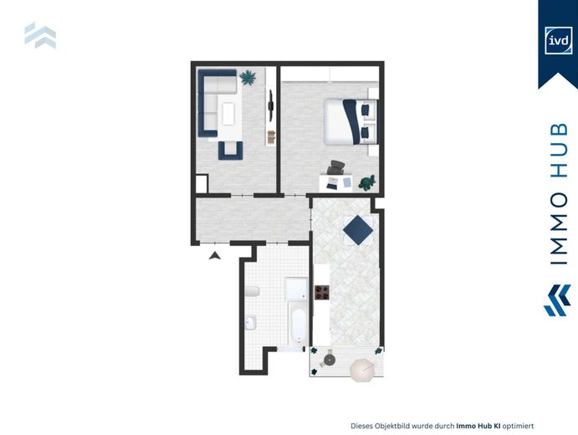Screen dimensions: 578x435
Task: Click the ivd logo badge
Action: pyautogui.click(x=559, y=40)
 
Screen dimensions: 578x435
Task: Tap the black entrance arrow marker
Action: pyautogui.click(x=214, y=255)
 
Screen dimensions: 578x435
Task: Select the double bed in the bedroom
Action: pyautogui.click(x=350, y=121)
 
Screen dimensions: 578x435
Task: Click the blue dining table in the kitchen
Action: pyautogui.click(x=358, y=230)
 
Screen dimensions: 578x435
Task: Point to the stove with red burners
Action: pyautogui.click(x=322, y=293)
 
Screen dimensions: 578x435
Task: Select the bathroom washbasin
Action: pyautogui.click(x=251, y=323)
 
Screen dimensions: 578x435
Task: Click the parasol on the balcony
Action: pyautogui.click(x=362, y=370)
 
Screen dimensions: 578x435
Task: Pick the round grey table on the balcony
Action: pyautogui.click(x=330, y=360)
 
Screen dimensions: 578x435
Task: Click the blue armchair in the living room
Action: pyautogui.click(x=230, y=151)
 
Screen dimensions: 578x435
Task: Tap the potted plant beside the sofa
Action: pyautogui.click(x=248, y=78)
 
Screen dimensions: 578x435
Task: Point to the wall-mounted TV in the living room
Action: pyautogui.click(x=271, y=105)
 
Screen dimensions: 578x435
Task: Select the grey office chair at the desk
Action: pyautogui.click(x=335, y=168)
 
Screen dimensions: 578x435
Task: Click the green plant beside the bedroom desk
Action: pyautogui.click(x=367, y=183)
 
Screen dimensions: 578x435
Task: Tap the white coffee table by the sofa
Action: pyautogui.click(x=228, y=114)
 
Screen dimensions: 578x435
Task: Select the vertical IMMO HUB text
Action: pyautogui.click(x=559, y=194)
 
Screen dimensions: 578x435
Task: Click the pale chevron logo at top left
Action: pyautogui.click(x=40, y=35)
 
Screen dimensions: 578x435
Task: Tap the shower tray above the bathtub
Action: pyautogui.click(x=296, y=289)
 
